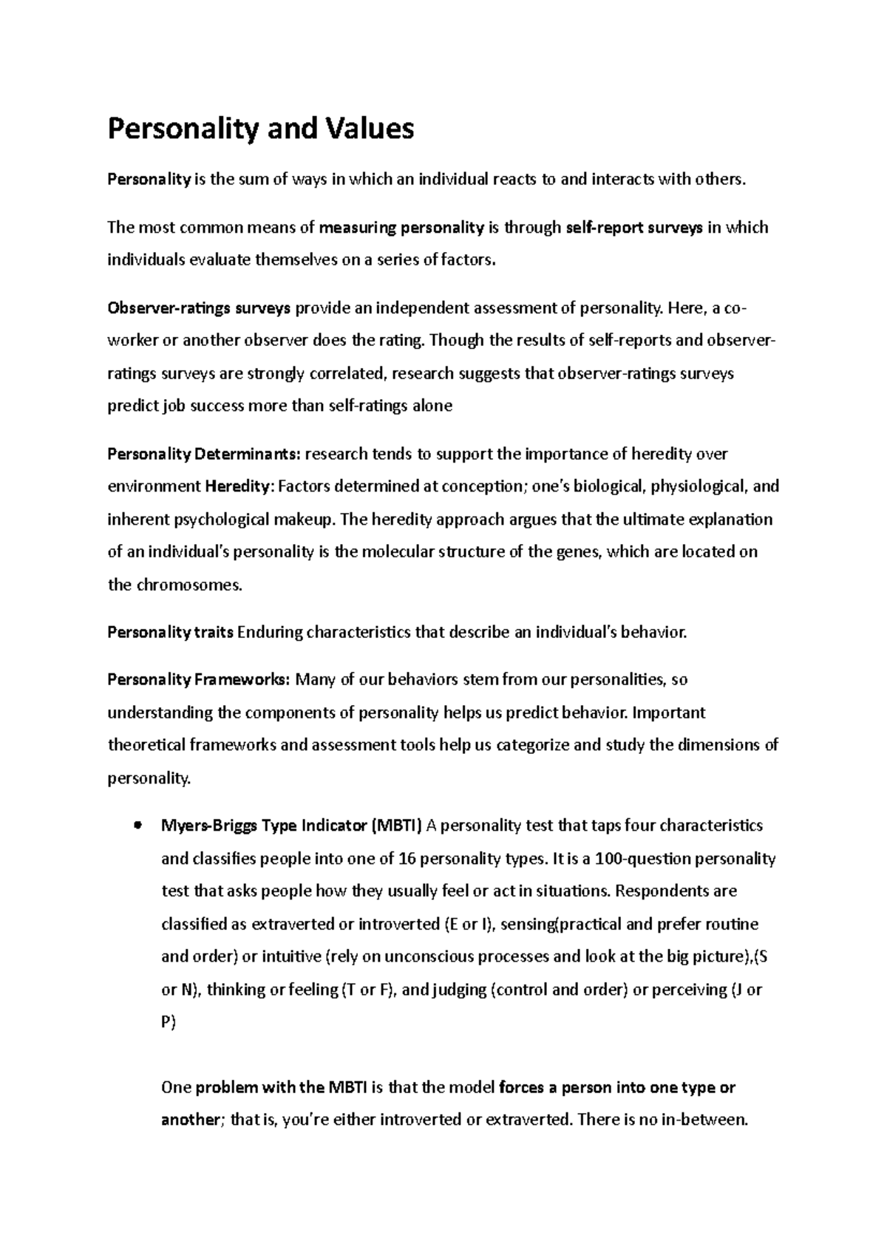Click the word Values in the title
pos(367,129)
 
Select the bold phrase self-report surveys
pos(633,228)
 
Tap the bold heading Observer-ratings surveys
pos(199,308)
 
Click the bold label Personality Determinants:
pos(204,454)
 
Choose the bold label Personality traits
pos(171,633)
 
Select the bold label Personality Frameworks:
pos(199,680)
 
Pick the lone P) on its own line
pos(169,1023)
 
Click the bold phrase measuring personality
pos(401,228)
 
